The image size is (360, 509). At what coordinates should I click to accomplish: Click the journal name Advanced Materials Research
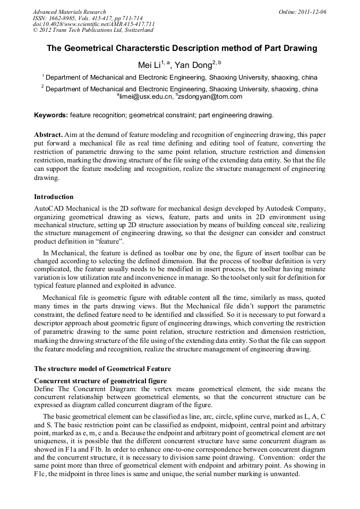point(69,12)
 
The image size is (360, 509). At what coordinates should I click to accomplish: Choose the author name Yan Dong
point(194,65)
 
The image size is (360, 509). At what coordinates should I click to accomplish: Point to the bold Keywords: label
point(51,115)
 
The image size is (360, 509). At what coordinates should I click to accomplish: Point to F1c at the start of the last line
point(40,473)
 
